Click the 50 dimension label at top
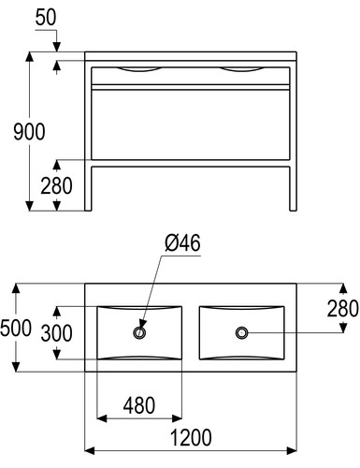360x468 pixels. (x=46, y=18)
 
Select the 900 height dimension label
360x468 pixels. (x=29, y=131)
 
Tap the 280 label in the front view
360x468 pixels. (x=56, y=185)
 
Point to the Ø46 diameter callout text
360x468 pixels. (x=182, y=242)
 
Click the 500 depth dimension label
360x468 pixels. (x=16, y=328)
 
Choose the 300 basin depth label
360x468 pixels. (x=57, y=333)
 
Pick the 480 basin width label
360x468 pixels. (x=139, y=405)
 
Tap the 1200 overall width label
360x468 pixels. (x=191, y=437)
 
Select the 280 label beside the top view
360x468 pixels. (x=343, y=309)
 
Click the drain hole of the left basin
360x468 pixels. (x=139, y=332)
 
